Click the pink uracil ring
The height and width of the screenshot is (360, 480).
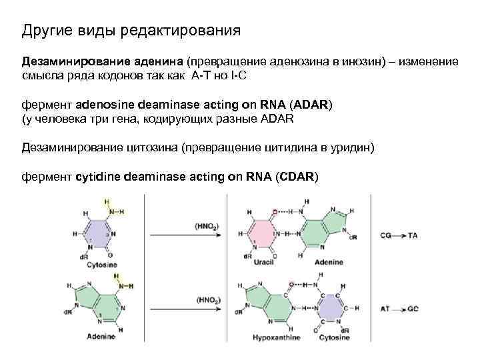[263, 234]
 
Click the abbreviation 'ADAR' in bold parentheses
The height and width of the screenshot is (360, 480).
[311, 105]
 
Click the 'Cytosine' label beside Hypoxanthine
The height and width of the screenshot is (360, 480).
[333, 338]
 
